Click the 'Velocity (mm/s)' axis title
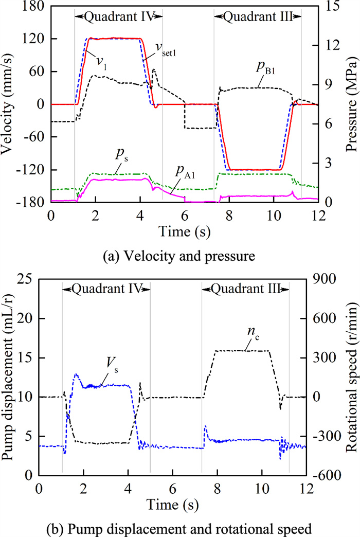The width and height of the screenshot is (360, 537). (9, 104)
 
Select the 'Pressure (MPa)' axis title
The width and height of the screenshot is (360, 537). (351, 104)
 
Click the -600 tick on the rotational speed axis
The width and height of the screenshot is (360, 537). (332, 475)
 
